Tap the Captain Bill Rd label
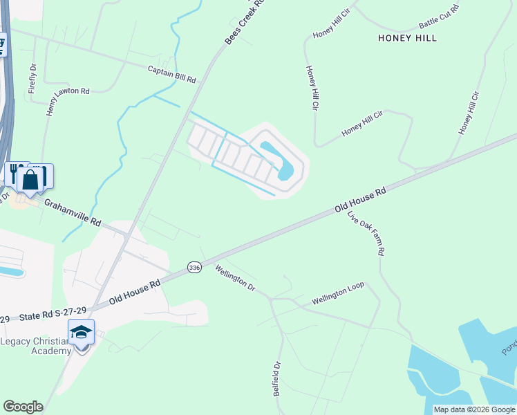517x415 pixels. (172, 74)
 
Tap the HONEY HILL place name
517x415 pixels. (407, 38)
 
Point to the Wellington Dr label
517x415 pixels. (235, 278)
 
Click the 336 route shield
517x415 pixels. (194, 267)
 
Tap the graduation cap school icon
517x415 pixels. (81, 332)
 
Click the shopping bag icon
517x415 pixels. (31, 180)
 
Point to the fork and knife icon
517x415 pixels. (14, 173)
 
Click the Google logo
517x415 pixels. (23, 407)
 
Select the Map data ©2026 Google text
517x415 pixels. (474, 409)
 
